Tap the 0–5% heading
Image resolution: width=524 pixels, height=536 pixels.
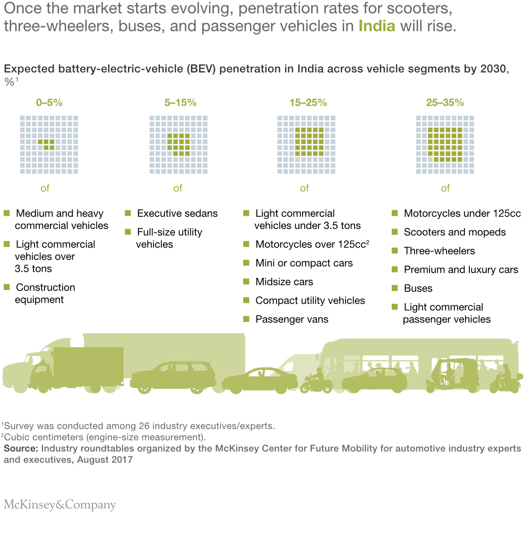(49, 103)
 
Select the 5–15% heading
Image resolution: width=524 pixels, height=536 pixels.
(181, 103)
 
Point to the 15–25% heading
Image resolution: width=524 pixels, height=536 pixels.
(308, 103)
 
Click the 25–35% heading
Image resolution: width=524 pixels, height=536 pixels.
(445, 103)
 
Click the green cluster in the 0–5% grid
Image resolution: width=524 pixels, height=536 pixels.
(47, 144)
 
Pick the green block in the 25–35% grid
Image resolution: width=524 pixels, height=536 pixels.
(445, 145)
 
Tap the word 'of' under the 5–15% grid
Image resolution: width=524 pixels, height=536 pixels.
(178, 188)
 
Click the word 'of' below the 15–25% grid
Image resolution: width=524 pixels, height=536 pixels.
(304, 188)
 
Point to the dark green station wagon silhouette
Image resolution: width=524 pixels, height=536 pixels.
(173, 377)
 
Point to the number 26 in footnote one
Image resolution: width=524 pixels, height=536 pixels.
(143, 426)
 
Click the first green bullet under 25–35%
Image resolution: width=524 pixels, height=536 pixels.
(394, 213)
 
